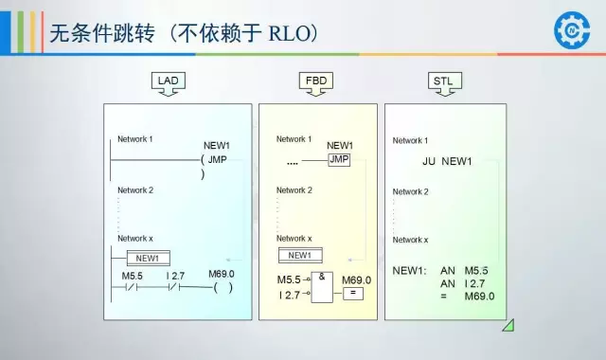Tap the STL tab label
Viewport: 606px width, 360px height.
tap(443, 81)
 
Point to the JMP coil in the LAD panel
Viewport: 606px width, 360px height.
tap(217, 159)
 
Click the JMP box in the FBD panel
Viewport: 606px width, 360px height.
tap(339, 160)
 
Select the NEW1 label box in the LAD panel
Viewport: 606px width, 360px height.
tap(147, 258)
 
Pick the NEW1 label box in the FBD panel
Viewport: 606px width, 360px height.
tap(299, 255)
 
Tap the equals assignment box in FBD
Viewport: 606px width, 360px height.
tap(353, 294)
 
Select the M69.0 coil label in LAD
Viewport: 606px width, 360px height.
tap(222, 274)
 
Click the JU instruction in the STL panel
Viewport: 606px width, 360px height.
tap(429, 162)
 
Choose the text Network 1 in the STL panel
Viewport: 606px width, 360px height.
tap(410, 141)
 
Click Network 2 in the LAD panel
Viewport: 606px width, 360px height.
tap(135, 190)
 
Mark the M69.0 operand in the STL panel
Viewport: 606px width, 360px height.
tap(480, 297)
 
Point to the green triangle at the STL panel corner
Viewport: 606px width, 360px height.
tap(508, 325)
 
